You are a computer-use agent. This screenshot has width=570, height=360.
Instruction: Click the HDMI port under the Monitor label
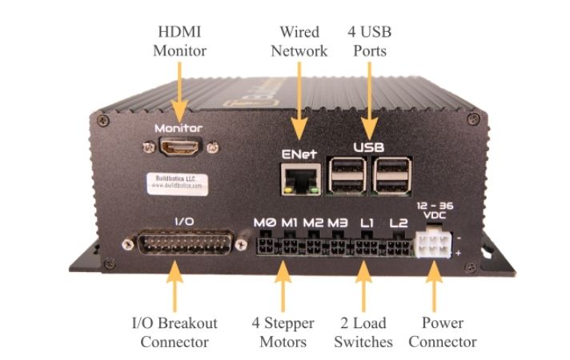(179, 147)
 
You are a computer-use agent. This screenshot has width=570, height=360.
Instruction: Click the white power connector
(433, 243)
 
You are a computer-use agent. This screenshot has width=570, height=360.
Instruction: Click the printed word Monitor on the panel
(179, 128)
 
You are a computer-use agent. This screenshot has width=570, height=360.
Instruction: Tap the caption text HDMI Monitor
(180, 42)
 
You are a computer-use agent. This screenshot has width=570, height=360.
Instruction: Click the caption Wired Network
(299, 42)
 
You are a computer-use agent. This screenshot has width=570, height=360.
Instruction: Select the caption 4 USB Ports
(369, 42)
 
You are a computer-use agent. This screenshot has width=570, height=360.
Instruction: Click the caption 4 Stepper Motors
(283, 333)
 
